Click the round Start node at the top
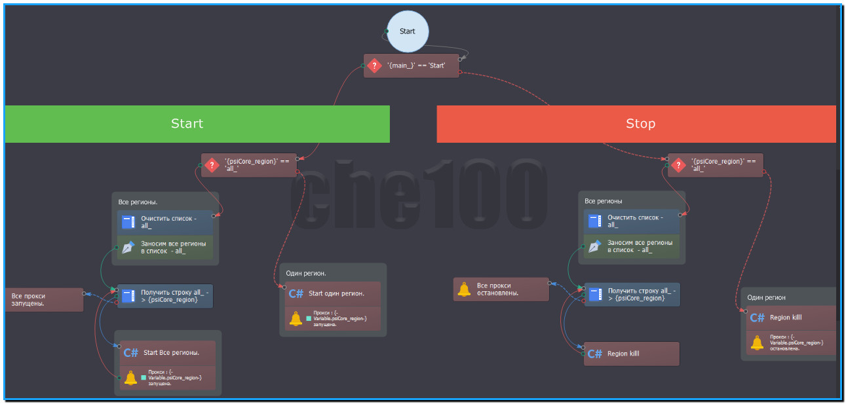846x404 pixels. point(407,31)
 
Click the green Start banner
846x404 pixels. point(197,124)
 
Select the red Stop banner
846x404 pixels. point(636,124)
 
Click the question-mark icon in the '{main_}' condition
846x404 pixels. point(374,65)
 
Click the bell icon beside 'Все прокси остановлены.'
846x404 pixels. point(464,289)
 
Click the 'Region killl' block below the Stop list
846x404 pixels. point(632,354)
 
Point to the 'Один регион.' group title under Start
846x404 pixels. point(306,273)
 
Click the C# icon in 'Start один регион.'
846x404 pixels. point(296,294)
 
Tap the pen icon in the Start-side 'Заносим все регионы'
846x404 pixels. point(128,247)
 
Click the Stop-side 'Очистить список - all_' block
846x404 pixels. point(633,221)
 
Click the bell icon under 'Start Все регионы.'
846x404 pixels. point(130,378)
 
